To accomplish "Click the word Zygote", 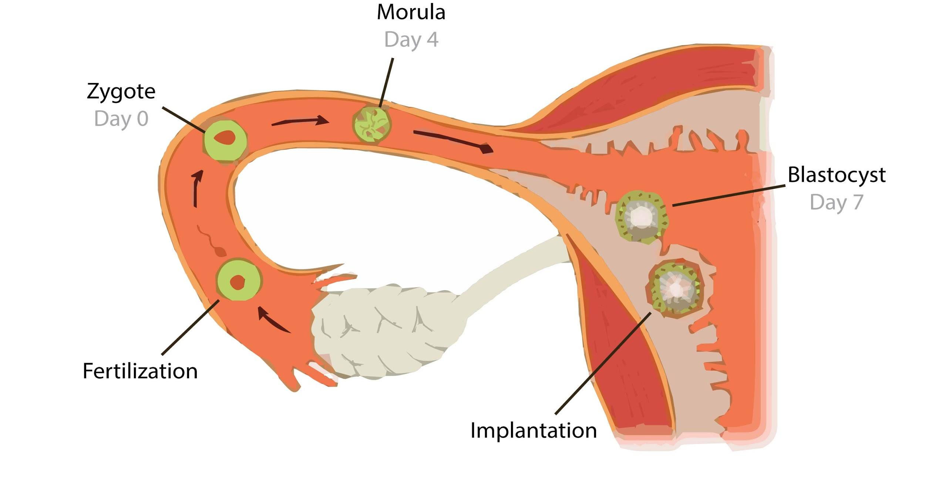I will click(121, 92).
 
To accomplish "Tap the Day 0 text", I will click(121, 119).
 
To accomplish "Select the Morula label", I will click(411, 13).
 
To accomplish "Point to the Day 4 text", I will click(411, 40).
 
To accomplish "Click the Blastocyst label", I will click(837, 175).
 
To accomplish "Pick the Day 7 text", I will click(837, 202).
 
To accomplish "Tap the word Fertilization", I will click(140, 371).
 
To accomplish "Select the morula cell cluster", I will click(372, 125).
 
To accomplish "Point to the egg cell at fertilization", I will click(239, 281).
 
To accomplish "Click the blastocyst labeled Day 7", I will click(641, 217).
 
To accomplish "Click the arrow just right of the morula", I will click(453, 141).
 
